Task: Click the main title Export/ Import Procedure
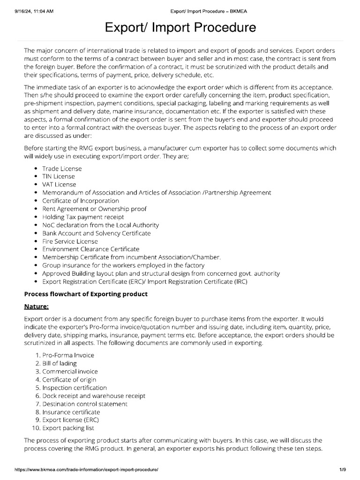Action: [x=180, y=28]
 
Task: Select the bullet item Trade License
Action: [x=62, y=168]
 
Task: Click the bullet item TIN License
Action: [x=59, y=176]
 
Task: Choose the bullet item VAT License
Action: [x=59, y=184]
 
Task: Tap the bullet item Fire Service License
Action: [x=70, y=241]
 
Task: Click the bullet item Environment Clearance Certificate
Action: [x=90, y=249]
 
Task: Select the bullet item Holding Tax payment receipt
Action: [x=83, y=217]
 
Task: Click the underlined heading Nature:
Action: [x=36, y=307]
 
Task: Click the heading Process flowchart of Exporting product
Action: [x=86, y=294]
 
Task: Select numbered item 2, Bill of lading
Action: [x=60, y=363]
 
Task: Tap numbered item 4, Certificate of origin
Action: [x=69, y=379]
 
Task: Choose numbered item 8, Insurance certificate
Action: [x=71, y=412]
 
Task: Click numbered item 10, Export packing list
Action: [x=68, y=428]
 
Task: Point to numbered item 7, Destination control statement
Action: [x=84, y=404]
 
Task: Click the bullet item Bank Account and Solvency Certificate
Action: [x=96, y=233]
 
